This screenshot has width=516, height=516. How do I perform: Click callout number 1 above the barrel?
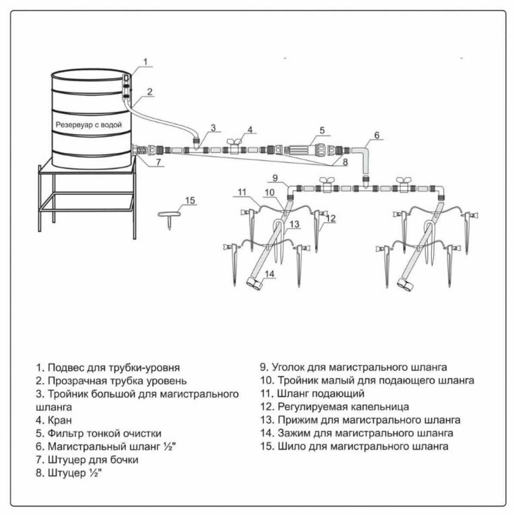pyautogui.click(x=145, y=62)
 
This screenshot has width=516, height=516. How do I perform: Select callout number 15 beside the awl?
pyautogui.click(x=190, y=200)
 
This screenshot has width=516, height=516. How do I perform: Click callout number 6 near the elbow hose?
pyautogui.click(x=377, y=135)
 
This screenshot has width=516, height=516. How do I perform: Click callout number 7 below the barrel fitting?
pyautogui.click(x=158, y=163)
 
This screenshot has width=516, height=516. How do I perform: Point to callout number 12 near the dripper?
pyautogui.click(x=330, y=218)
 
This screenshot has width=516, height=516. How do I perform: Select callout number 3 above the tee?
pyautogui.click(x=213, y=127)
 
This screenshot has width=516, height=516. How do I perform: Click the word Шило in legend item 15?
pyautogui.click(x=290, y=446)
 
